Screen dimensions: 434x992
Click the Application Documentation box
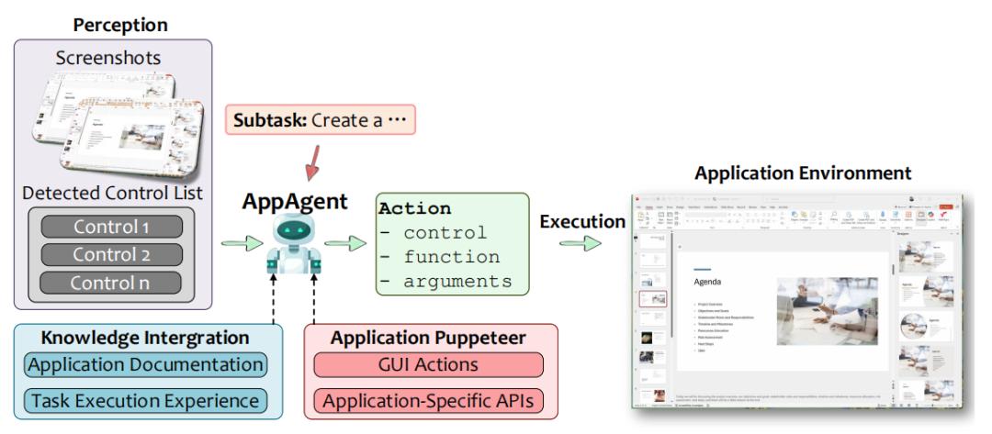(x=146, y=364)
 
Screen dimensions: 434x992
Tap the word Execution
(x=581, y=221)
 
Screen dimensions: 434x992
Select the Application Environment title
(x=803, y=172)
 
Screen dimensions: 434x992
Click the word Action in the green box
(x=414, y=209)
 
